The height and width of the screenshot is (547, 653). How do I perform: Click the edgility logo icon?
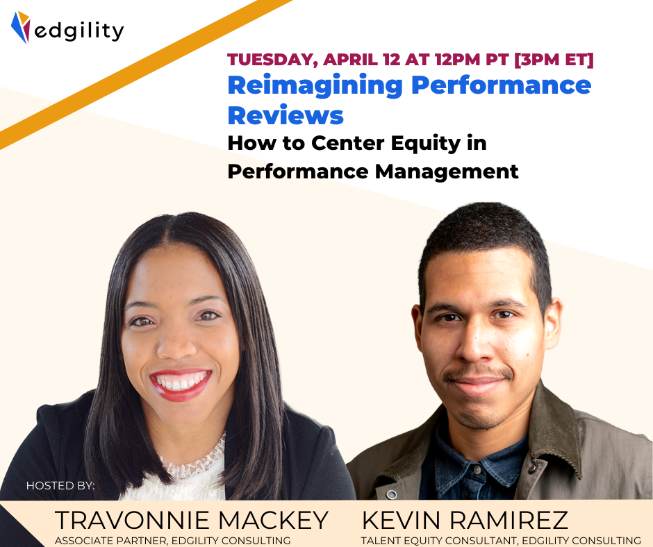pyautogui.click(x=20, y=27)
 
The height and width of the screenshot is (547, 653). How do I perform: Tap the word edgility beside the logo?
pyautogui.click(x=78, y=31)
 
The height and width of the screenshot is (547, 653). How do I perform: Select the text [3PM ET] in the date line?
pyautogui.click(x=554, y=60)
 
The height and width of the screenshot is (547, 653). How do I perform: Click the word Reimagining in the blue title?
pyautogui.click(x=315, y=87)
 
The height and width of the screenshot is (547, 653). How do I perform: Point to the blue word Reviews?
pyautogui.click(x=286, y=115)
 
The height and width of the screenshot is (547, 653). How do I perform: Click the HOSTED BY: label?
pyautogui.click(x=60, y=485)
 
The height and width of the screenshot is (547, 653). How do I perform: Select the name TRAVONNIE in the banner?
pyautogui.click(x=132, y=520)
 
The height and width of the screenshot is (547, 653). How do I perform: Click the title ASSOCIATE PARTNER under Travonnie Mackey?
pyautogui.click(x=110, y=541)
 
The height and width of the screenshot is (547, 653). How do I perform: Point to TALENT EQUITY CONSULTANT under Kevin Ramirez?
pyautogui.click(x=439, y=541)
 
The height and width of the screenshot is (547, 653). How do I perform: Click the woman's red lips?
pyautogui.click(x=181, y=384)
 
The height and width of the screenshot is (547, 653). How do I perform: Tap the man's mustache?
pyautogui.click(x=478, y=373)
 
